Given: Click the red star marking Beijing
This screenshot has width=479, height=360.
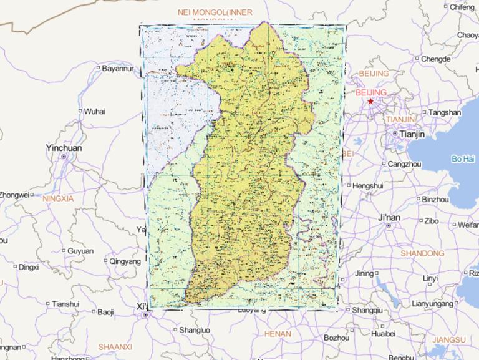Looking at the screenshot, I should [x=370, y=101].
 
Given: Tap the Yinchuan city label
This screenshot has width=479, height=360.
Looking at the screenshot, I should [x=63, y=148].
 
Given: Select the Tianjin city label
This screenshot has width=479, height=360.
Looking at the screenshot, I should [x=412, y=134].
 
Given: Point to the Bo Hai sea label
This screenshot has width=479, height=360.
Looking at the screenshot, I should [x=463, y=159].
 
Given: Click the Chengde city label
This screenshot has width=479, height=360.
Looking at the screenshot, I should [x=435, y=59].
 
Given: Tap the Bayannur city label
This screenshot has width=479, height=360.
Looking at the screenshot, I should [x=118, y=68].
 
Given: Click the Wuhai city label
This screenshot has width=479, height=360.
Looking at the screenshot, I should [x=95, y=112].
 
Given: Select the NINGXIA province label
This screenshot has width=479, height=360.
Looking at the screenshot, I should [x=58, y=198].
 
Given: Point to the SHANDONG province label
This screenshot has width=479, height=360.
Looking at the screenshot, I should [x=422, y=254].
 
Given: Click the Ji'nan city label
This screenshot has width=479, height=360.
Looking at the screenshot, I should [x=389, y=218].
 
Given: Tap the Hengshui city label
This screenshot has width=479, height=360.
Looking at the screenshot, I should [x=367, y=186].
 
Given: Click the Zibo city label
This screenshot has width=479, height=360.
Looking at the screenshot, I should [x=432, y=221].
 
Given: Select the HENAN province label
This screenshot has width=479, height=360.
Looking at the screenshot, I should [x=278, y=334].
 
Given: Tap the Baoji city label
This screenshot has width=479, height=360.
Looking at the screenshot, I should [x=105, y=312].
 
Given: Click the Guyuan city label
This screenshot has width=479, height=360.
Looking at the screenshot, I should [x=80, y=251].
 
